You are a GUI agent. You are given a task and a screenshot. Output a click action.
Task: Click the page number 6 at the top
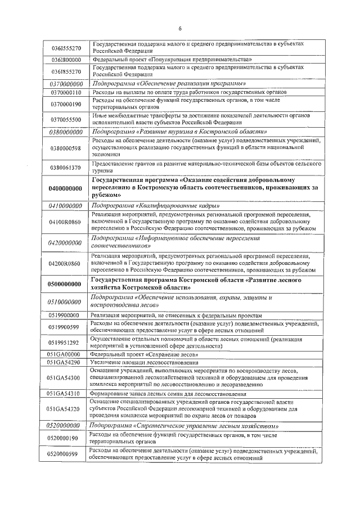[180, 29]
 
